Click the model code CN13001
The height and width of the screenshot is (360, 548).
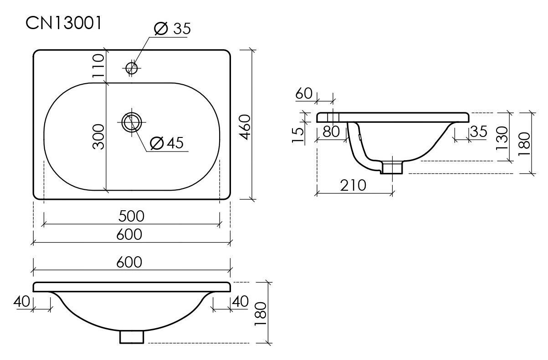[64, 23]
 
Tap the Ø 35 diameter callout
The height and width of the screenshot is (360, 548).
[172, 28]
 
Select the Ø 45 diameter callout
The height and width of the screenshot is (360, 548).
[167, 143]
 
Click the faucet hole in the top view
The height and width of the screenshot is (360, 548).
[132, 68]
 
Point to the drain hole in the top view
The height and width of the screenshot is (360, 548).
[132, 122]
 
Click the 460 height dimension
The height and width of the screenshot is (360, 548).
[245, 127]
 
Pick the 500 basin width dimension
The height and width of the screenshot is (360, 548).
[131, 216]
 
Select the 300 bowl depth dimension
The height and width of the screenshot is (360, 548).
[98, 137]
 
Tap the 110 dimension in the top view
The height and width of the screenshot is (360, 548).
[98, 66]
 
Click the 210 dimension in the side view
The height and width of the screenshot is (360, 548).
[353, 186]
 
